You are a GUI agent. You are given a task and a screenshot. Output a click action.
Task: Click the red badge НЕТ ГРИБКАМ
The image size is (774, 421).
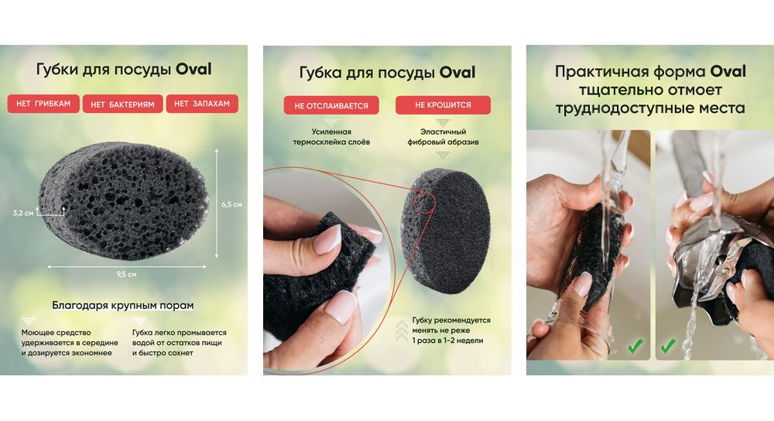pos(43,104)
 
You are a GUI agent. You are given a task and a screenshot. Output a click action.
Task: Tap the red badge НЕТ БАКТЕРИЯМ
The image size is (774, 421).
pos(122,104)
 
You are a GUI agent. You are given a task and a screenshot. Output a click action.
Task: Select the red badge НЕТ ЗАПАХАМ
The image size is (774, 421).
pos(202,104)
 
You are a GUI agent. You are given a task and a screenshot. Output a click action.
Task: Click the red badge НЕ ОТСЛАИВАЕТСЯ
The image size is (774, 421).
pos(331,105)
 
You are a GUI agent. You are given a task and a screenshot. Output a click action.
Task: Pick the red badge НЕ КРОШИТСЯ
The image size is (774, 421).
pos(443,104)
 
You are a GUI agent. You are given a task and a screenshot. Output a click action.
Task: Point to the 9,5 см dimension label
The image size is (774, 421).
pos(126,275)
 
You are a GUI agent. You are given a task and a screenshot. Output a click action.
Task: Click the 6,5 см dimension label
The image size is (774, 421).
pos(231,204)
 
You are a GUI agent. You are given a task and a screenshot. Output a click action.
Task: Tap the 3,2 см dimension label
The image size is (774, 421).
pos(23,214)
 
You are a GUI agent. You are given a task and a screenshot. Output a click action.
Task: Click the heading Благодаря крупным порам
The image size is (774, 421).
pos(123,306)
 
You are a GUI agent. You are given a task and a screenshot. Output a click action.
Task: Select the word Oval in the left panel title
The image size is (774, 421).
pos(193,69)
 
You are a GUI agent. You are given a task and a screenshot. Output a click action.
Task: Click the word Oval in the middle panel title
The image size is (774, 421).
pos(457,73)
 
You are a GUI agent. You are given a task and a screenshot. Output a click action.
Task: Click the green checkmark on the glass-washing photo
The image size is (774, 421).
pos(635,345)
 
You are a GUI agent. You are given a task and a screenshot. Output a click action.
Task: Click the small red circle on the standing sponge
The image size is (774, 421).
pos(424,202)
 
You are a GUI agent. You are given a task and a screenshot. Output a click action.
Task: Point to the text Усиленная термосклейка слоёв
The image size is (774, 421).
pos(331,137)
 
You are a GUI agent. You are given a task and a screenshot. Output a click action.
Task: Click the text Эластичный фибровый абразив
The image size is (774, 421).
pos(443,137)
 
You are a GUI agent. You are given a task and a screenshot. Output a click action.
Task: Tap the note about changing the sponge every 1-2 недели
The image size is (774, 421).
pos(451,330)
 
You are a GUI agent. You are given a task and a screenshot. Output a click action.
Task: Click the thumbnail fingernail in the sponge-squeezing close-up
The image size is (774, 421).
pos(327,239)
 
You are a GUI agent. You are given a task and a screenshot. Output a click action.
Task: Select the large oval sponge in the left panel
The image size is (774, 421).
pos(123,200)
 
